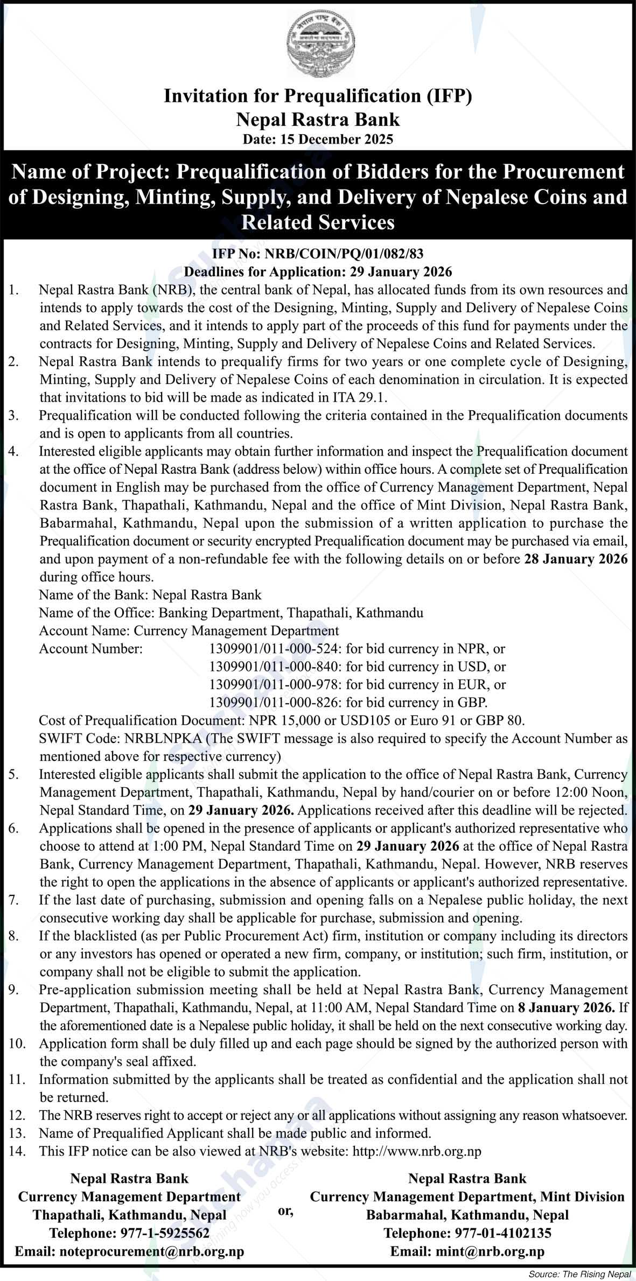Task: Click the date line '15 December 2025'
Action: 318,139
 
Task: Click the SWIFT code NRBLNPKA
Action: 163,738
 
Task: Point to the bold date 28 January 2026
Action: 576,559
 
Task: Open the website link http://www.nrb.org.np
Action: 416,1151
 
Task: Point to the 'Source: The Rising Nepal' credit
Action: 579,1275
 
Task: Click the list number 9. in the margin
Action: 13,990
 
